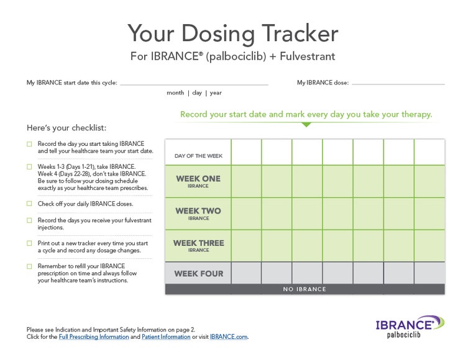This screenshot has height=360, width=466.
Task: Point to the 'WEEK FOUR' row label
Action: pyautogui.click(x=198, y=273)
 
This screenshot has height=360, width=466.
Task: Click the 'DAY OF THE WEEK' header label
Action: pyautogui.click(x=198, y=156)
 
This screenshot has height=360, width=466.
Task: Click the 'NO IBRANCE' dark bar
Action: pyautogui.click(x=304, y=289)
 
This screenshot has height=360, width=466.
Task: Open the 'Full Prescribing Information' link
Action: pyautogui.click(x=94, y=337)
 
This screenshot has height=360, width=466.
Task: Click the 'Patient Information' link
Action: pyautogui.click(x=166, y=337)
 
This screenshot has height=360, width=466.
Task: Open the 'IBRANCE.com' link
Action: pyautogui.click(x=229, y=337)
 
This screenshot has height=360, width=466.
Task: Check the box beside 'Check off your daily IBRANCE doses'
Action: pyautogui.click(x=29, y=204)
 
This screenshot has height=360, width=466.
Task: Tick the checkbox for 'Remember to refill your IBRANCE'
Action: pyautogui.click(x=29, y=266)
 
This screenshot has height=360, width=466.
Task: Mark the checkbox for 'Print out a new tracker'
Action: pyautogui.click(x=29, y=243)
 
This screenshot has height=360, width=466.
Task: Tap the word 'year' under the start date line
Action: pyautogui.click(x=216, y=93)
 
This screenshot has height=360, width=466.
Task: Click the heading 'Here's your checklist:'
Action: pyautogui.click(x=66, y=128)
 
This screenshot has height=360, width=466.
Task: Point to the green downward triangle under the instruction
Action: pyautogui.click(x=306, y=125)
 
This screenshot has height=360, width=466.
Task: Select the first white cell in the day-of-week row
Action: pyautogui.click(x=246, y=152)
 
